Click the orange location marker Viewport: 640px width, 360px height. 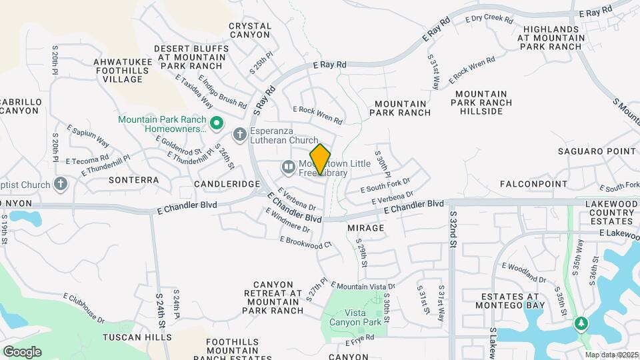click(321, 159)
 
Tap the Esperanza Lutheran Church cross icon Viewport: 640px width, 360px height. click(239, 135)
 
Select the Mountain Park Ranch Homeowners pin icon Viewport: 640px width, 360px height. click(216, 124)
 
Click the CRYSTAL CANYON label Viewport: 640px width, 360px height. click(250, 31)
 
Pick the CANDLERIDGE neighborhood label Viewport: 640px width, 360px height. click(226, 183)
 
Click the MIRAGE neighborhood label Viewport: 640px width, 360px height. click(365, 228)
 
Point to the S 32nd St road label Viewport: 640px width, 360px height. click(453, 229)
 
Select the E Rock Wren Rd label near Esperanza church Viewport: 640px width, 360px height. click(317, 116)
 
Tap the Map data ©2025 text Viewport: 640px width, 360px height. click(611, 355)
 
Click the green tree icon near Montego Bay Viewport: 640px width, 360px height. click(581, 323)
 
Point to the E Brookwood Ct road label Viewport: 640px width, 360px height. click(305, 242)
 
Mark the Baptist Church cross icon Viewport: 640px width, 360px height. click(61, 183)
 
